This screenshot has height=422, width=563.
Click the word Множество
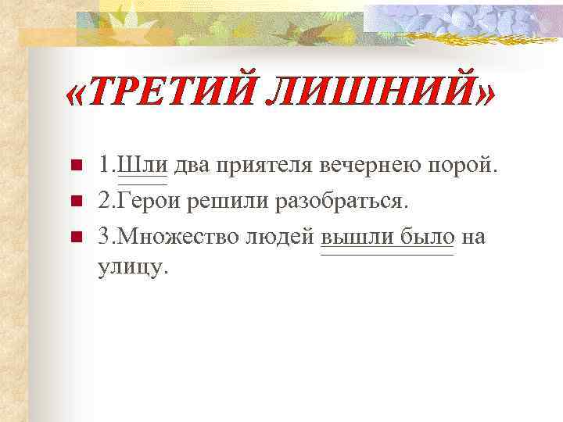click(x=180, y=235)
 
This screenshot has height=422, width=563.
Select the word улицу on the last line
click(x=132, y=266)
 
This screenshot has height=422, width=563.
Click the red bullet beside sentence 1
click(x=77, y=166)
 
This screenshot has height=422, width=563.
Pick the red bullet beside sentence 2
click(x=77, y=201)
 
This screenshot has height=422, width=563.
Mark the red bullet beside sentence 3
click(x=77, y=235)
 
